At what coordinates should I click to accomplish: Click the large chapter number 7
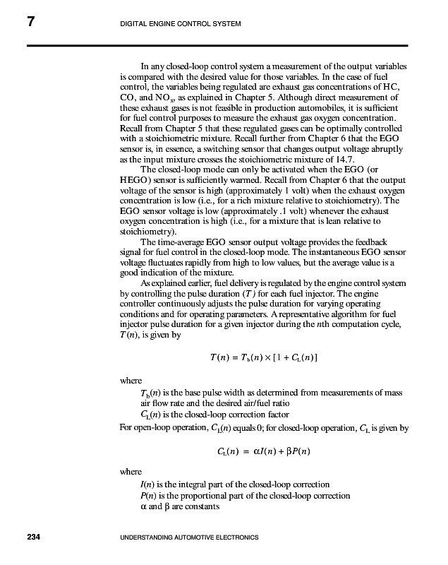click(32, 23)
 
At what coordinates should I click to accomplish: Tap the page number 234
click(33, 538)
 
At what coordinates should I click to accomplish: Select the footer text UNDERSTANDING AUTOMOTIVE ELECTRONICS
click(190, 538)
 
